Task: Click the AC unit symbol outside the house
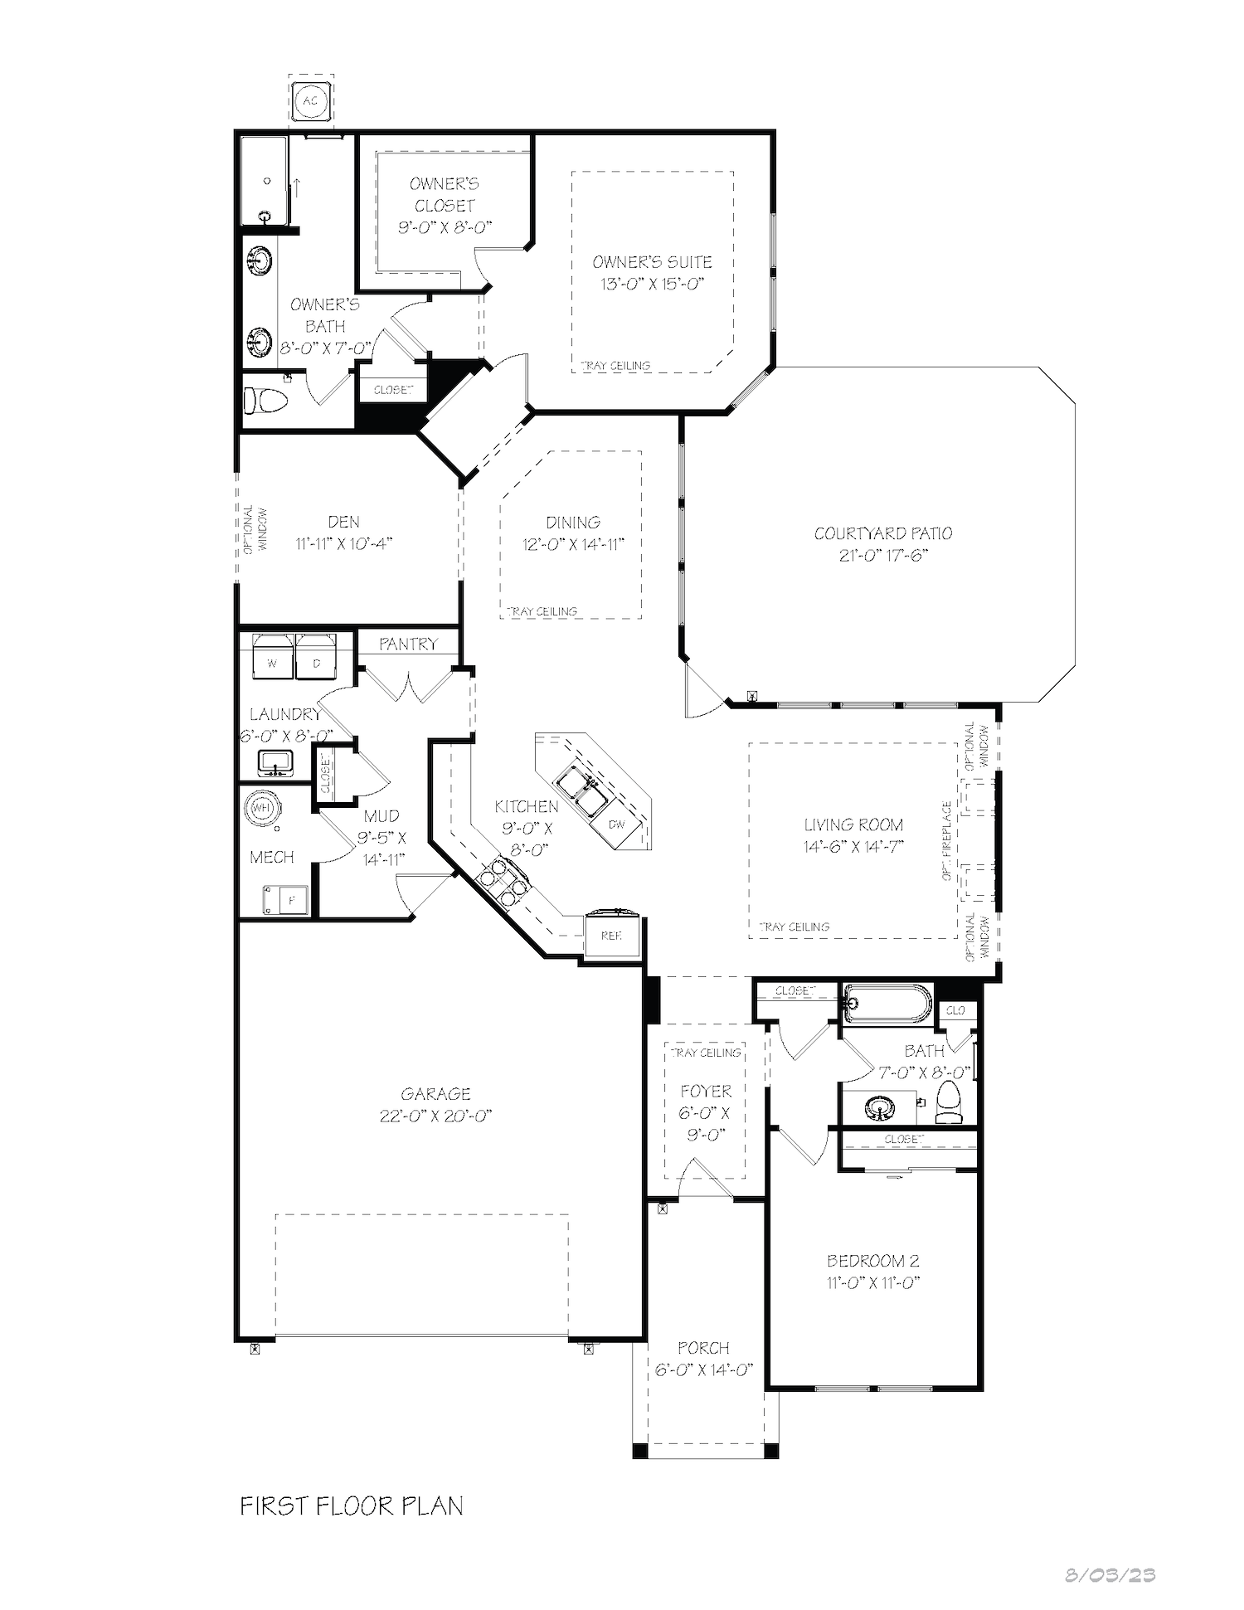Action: [x=310, y=101]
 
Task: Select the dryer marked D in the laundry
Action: [x=316, y=655]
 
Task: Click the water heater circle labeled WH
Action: [x=262, y=808]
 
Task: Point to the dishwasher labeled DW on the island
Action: [x=617, y=825]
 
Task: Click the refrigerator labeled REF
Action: [x=611, y=935]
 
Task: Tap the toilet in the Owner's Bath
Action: [x=265, y=401]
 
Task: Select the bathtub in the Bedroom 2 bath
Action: [x=887, y=1004]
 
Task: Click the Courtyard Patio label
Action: [x=883, y=533]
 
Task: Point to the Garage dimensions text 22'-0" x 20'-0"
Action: [x=436, y=1116]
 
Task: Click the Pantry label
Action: [x=408, y=644]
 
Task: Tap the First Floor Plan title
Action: [x=352, y=1505]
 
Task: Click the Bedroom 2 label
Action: [x=873, y=1261]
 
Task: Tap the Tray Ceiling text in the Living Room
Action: [x=795, y=927]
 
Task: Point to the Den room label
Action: [x=343, y=522]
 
